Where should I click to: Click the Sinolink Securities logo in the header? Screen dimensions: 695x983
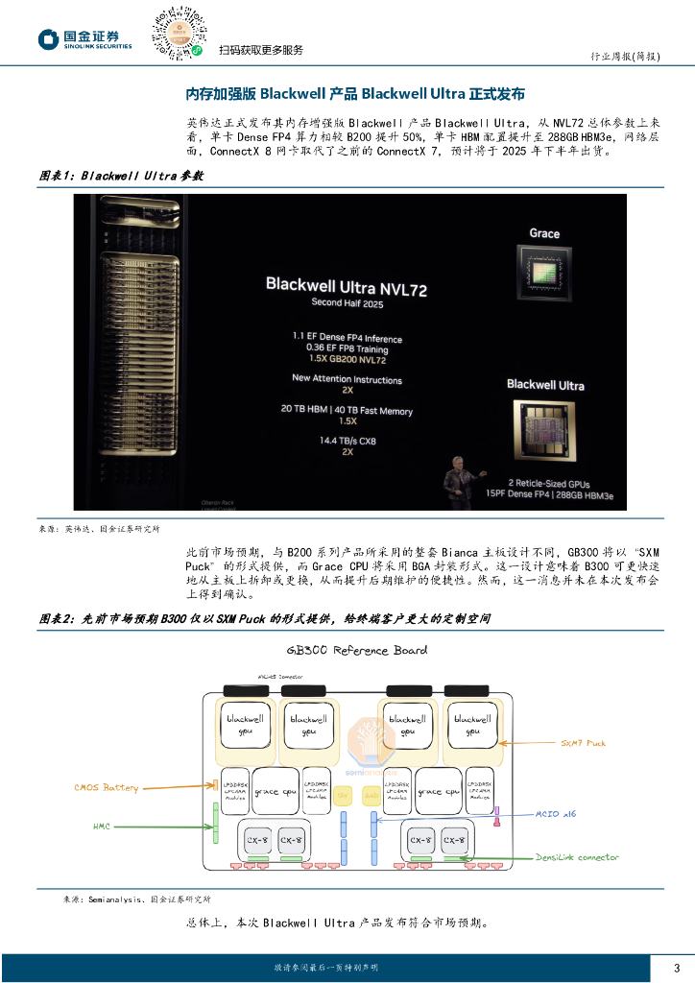pyautogui.click(x=84, y=39)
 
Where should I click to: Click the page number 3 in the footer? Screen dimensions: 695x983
pyautogui.click(x=676, y=967)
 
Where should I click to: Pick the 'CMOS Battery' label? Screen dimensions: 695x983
pyautogui.click(x=106, y=787)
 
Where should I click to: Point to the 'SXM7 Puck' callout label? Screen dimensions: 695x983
pyautogui.click(x=584, y=743)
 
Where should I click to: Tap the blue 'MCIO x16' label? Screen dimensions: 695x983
pyautogui.click(x=556, y=814)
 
